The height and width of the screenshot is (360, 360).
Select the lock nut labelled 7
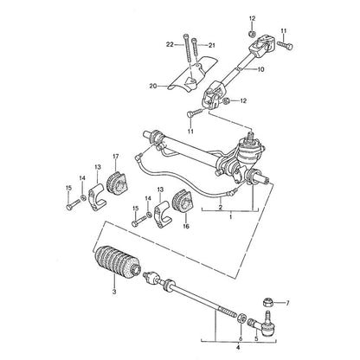269,304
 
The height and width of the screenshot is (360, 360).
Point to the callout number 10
260,69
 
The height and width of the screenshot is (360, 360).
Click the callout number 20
153,86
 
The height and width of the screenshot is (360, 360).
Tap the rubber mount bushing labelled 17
117,183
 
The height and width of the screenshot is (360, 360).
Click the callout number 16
186,226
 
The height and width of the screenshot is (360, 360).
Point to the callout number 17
116,157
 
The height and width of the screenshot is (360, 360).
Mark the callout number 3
114,292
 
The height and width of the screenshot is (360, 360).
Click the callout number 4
238,348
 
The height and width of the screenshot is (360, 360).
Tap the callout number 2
221,207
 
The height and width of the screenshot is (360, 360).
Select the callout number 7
287,303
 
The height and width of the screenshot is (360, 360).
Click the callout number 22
170,44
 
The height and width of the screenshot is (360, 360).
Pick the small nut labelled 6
241,318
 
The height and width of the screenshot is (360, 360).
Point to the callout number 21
212,45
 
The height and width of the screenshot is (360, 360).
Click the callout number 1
230,216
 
